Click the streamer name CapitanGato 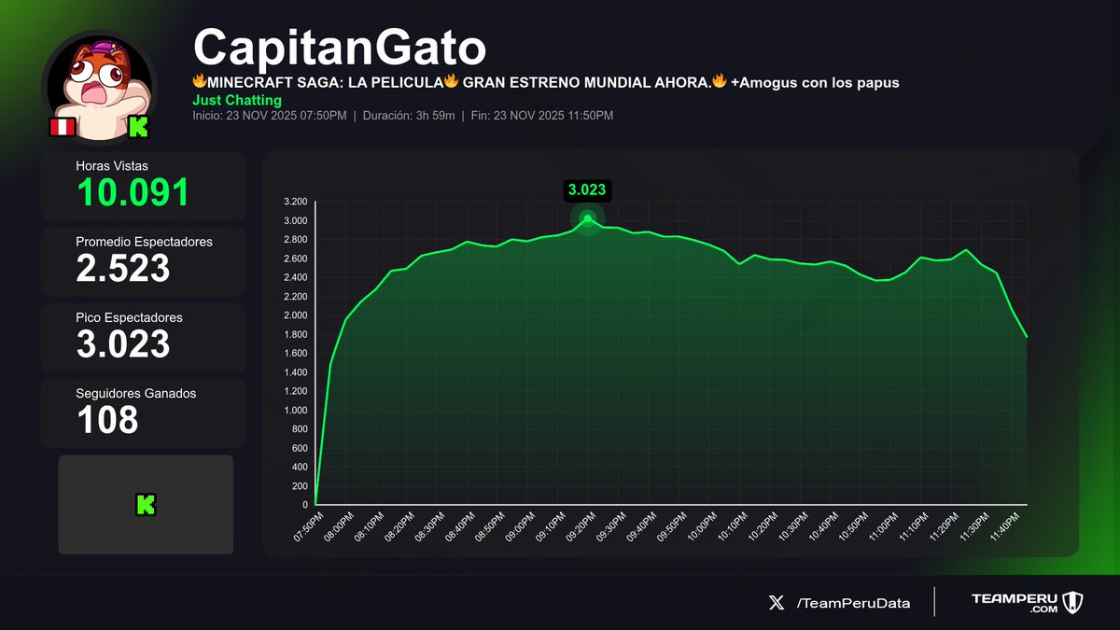click(x=340, y=47)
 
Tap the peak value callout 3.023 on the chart click(x=587, y=189)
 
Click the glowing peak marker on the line click(x=587, y=219)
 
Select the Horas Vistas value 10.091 click(x=133, y=192)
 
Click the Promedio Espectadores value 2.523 click(x=123, y=268)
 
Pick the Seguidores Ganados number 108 click(x=107, y=419)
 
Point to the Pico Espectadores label click(x=129, y=317)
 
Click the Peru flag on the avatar click(x=62, y=128)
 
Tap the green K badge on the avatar click(x=138, y=128)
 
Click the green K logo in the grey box click(x=145, y=505)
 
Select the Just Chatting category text click(x=236, y=100)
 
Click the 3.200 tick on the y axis click(x=295, y=202)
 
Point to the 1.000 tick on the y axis click(x=295, y=411)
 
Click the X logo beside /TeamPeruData click(x=776, y=603)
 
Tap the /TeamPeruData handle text click(x=853, y=603)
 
